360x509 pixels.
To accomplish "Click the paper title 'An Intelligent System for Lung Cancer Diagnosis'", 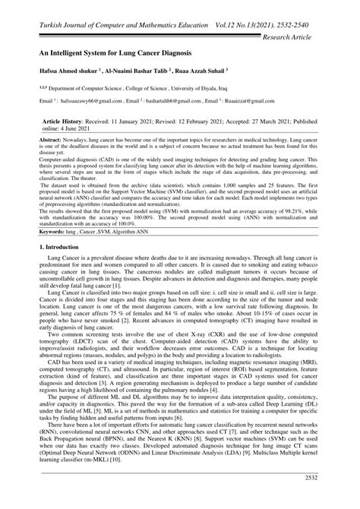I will point(110,55).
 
